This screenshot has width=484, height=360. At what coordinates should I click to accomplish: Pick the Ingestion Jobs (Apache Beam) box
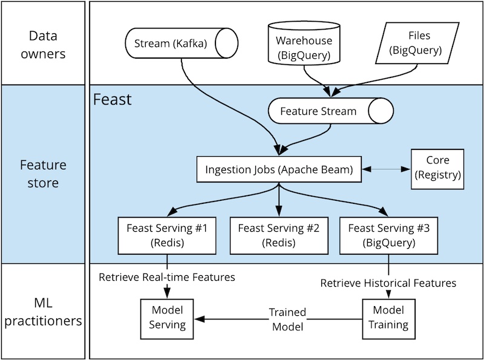(x=278, y=169)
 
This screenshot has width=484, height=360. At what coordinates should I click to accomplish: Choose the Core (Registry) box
(x=437, y=168)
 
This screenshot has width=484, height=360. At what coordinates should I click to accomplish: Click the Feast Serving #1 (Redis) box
(x=167, y=235)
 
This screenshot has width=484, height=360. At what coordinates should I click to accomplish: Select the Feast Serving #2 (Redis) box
(x=278, y=235)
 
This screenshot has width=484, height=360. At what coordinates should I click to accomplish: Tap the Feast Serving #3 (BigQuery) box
(x=390, y=235)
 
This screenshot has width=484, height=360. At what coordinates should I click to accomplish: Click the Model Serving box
(x=167, y=318)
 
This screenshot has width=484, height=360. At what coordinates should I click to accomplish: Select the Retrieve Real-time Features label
(x=167, y=277)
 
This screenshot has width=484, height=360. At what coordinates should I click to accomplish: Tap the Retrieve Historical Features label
(x=388, y=283)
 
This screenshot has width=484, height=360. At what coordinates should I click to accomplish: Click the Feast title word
(x=113, y=99)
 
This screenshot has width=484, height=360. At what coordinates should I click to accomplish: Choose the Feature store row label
(x=43, y=173)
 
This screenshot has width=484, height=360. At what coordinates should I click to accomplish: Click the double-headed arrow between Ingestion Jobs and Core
(x=386, y=169)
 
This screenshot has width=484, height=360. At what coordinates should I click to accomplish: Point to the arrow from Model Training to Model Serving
(x=242, y=318)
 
